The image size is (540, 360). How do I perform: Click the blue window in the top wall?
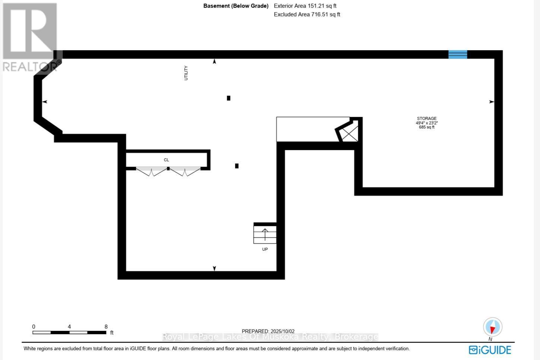point(457,54)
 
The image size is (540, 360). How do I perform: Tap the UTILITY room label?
point(186,73)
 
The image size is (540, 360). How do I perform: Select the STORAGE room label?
point(426,119)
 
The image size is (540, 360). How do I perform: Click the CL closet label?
point(166,160)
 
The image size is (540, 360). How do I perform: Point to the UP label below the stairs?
point(265,249)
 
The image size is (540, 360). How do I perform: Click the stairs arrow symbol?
point(265,234)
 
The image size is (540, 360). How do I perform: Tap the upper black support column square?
point(229,98)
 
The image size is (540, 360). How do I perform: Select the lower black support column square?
point(237,166)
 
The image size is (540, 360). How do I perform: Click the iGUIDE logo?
point(490,350)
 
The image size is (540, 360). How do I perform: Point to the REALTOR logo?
point(30,37)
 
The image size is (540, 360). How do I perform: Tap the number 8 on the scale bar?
point(106,327)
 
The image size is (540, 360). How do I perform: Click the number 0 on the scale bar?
point(34,327)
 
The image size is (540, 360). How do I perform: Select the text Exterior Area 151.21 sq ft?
point(305,6)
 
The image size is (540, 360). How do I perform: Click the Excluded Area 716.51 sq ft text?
point(307,15)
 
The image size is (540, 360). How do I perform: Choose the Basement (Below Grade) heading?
point(236,6)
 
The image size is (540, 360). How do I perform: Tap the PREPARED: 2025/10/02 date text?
point(268,331)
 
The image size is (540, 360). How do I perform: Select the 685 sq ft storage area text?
point(426,127)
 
